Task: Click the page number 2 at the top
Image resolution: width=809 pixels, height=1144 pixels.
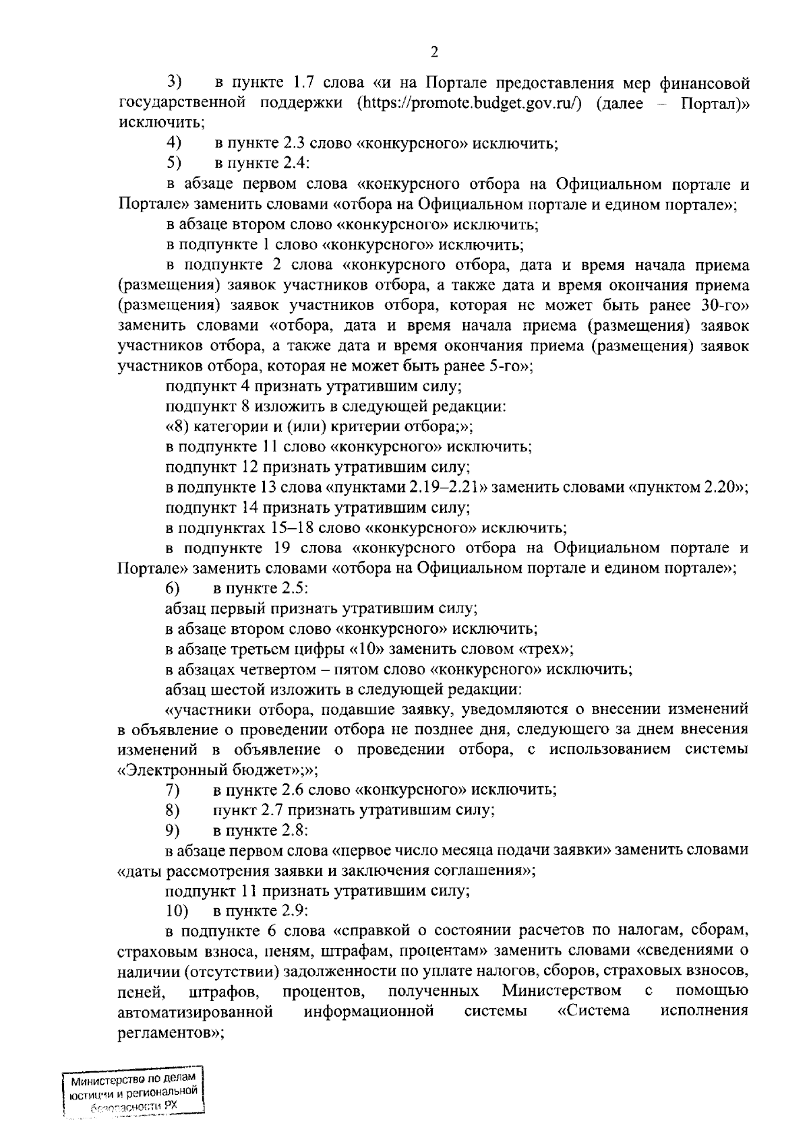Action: tap(435, 53)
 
